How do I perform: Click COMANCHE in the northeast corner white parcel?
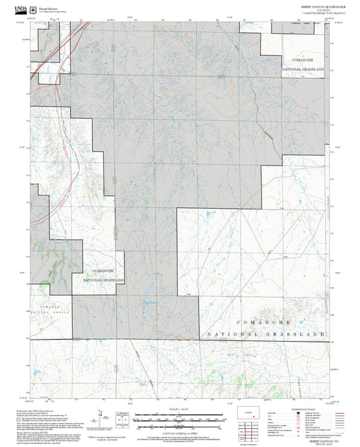[303, 59]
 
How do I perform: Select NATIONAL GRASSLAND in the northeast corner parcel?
[304, 69]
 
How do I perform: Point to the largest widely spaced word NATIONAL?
[232, 335]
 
